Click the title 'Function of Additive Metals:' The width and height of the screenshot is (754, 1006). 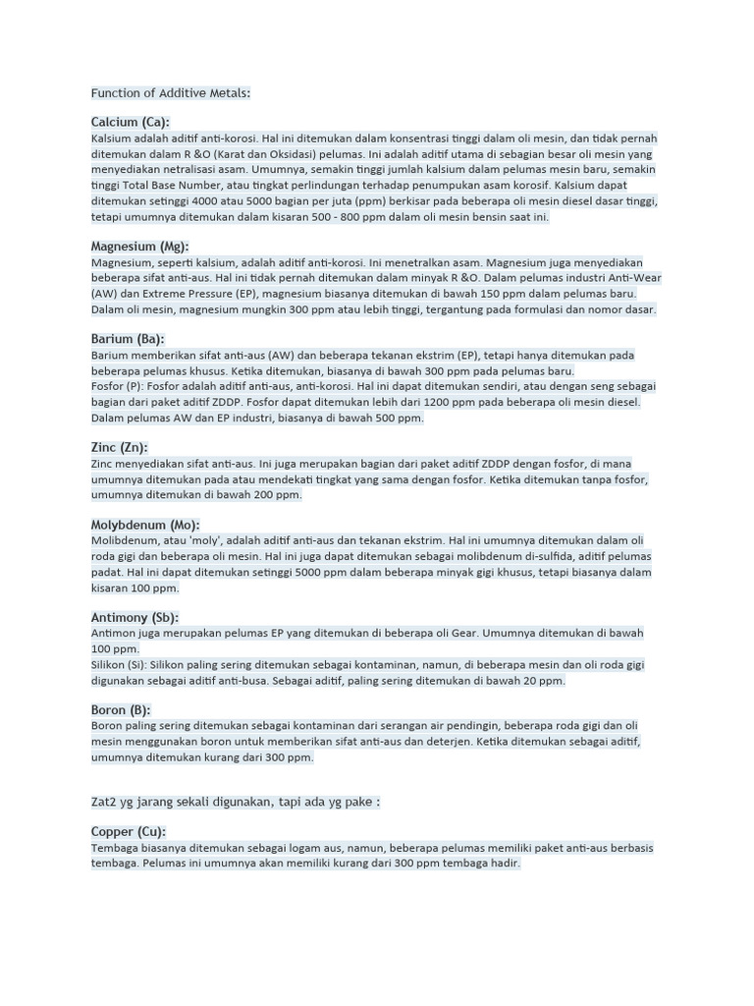point(171,93)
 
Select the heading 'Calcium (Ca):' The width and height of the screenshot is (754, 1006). point(130,122)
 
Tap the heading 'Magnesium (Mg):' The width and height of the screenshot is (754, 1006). point(139,247)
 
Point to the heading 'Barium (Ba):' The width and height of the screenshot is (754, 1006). point(127,339)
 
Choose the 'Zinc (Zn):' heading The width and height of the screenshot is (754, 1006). point(119,447)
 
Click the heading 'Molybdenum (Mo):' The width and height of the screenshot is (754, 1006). point(145,525)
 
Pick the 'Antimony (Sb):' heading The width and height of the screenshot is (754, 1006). point(135,618)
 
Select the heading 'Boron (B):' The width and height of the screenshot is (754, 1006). point(121,710)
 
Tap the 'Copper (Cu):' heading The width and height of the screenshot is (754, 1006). point(129,832)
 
